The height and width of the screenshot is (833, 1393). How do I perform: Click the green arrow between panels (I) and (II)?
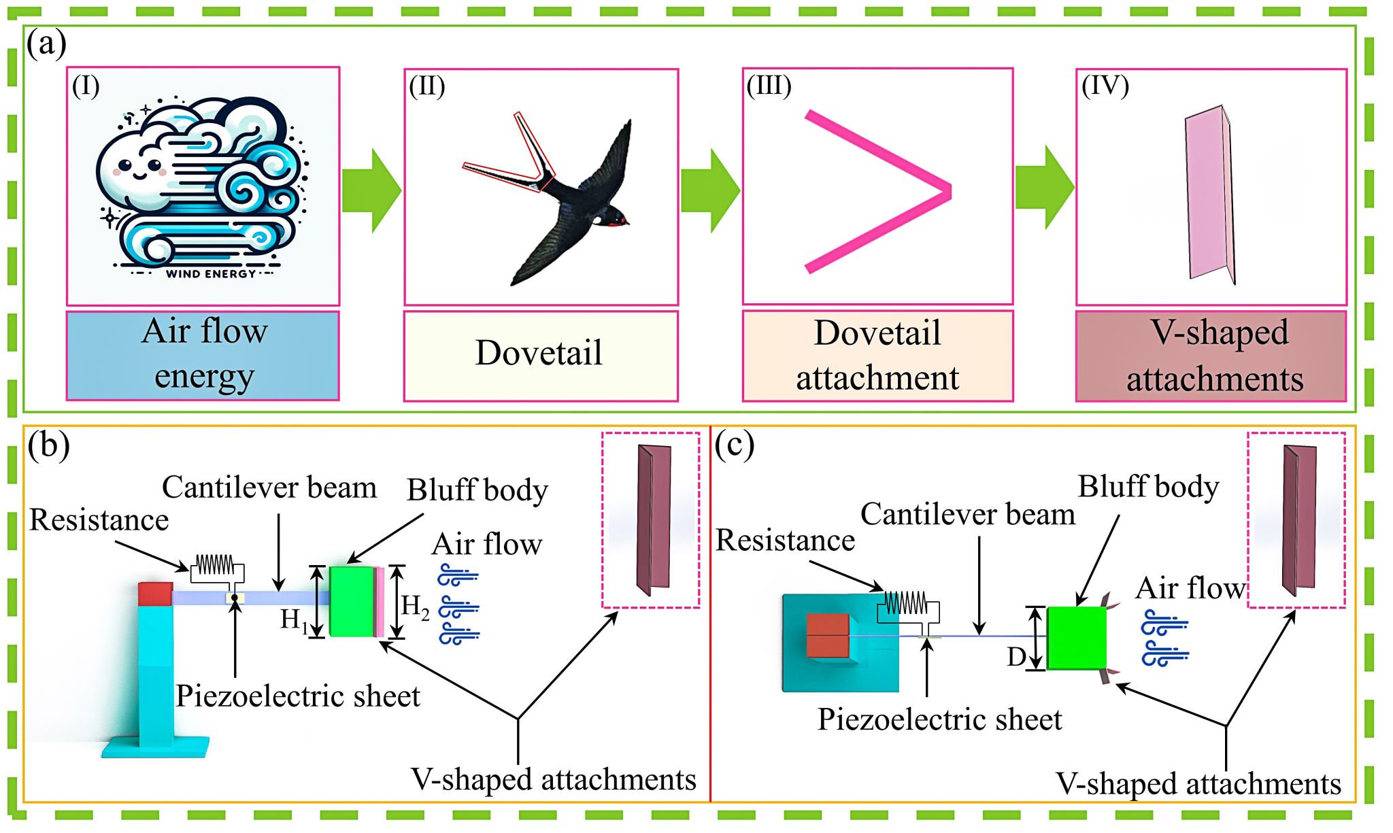[x=371, y=190]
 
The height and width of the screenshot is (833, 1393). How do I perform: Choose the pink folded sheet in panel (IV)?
[x=1209, y=194]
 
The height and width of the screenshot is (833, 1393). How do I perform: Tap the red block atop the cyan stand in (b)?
[x=155, y=594]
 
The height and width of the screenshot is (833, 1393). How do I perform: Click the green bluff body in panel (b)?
[x=352, y=601]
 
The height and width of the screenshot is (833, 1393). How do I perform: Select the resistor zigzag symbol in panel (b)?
[x=215, y=565]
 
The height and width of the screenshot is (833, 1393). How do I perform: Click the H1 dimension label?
[x=294, y=619]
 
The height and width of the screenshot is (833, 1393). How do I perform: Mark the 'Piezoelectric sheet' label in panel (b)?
[x=298, y=696]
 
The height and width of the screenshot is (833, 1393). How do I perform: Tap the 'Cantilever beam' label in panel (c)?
[x=967, y=514]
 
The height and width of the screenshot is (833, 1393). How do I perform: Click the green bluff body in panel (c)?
[x=1076, y=638]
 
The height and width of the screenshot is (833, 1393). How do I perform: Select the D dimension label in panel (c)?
[x=1017, y=657]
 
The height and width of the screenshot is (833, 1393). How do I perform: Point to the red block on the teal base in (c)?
[x=828, y=636]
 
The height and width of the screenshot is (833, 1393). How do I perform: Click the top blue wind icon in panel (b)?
[x=458, y=575]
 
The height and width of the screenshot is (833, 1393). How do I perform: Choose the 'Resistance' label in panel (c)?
[x=785, y=541]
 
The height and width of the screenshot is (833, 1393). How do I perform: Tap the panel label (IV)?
[x=1105, y=86]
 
